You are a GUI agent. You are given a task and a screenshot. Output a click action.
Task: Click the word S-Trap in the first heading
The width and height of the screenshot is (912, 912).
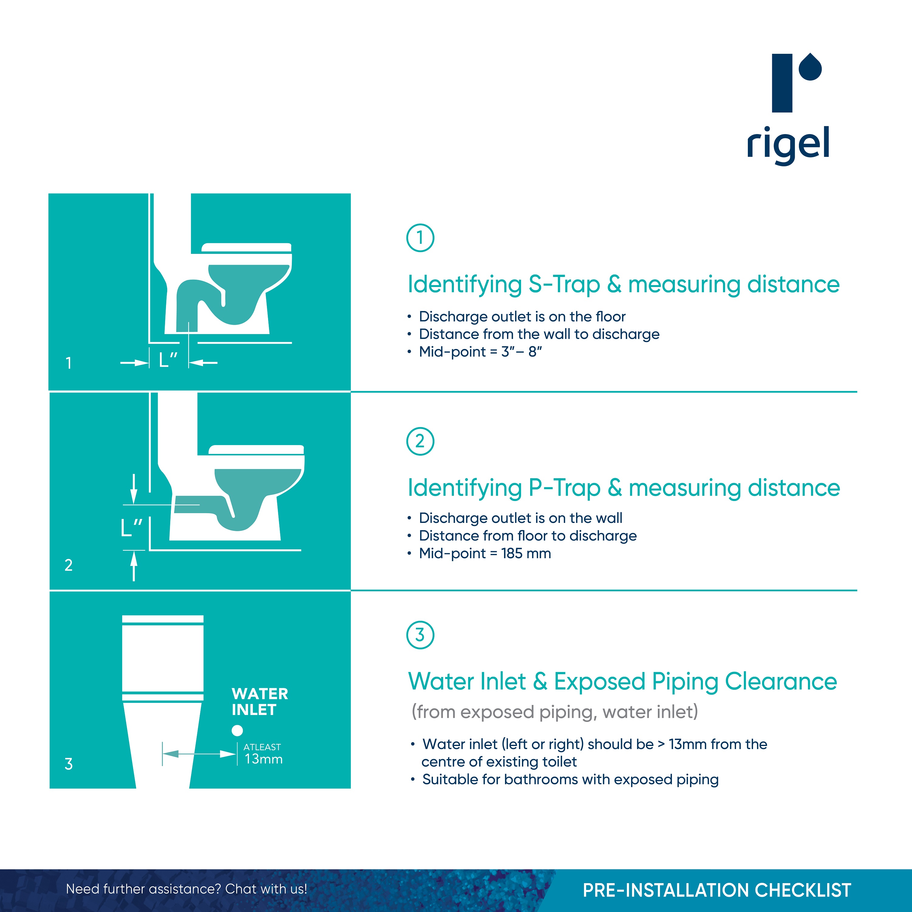pyautogui.click(x=564, y=285)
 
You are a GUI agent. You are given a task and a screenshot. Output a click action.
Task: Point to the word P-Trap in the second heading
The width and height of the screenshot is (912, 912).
pyautogui.click(x=564, y=488)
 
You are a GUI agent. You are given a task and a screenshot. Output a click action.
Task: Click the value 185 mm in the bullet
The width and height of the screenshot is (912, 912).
pyautogui.click(x=526, y=554)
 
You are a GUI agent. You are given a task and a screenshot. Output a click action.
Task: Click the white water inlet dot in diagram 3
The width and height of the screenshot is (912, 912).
pyautogui.click(x=237, y=730)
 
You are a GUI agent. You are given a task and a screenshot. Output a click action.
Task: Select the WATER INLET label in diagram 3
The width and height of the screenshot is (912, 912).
pyautogui.click(x=260, y=701)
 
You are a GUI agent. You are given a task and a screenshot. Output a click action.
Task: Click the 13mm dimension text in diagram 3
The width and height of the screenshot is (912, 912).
pyautogui.click(x=263, y=759)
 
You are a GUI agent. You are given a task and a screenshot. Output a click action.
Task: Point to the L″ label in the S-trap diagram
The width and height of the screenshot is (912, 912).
pyautogui.click(x=168, y=360)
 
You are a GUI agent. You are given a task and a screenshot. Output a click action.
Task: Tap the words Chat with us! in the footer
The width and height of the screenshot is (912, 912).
pyautogui.click(x=266, y=889)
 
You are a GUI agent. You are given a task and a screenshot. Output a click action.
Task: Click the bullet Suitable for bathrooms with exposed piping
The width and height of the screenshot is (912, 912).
pyautogui.click(x=570, y=779)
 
